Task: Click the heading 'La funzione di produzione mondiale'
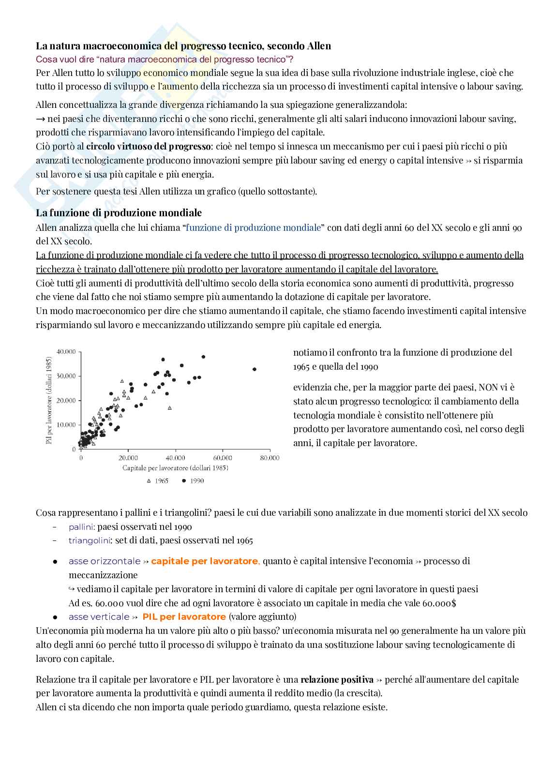coord(119,213)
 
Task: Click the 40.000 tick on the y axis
coord(66,352)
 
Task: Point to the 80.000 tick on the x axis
coord(270,458)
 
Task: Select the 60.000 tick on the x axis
coord(222,458)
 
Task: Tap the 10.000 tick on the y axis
coord(66,425)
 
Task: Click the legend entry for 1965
coord(158,481)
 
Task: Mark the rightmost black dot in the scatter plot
coord(255,369)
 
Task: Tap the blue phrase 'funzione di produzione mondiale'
coord(253,227)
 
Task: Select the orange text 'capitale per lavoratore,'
coord(206,561)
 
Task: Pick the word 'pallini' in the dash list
coord(81,527)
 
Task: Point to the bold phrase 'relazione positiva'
coord(337,680)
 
